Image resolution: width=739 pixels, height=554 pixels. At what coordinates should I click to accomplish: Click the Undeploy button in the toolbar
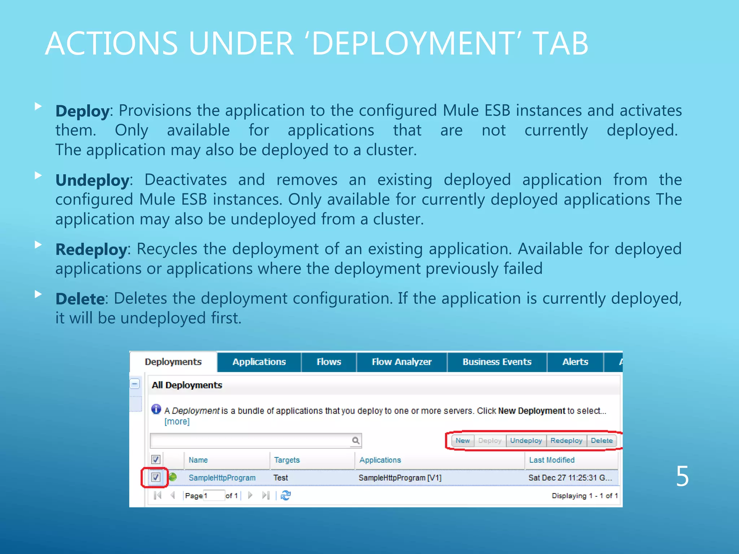coord(526,440)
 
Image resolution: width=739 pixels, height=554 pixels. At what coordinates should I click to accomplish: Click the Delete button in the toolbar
coord(602,440)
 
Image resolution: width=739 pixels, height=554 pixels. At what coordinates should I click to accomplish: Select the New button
coord(462,440)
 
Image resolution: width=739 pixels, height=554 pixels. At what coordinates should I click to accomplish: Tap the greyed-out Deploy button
coord(490,440)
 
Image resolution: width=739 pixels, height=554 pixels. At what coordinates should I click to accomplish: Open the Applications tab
coord(259,362)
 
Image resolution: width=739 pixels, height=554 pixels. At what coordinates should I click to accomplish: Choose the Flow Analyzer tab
coord(402,362)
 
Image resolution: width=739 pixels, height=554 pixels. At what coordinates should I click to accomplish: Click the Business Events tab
coord(497,362)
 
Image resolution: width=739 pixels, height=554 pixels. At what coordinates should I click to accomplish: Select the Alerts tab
coord(575,362)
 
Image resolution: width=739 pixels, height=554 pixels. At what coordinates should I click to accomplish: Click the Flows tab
coord(329,362)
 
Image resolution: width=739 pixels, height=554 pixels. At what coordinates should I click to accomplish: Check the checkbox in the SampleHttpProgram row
coord(156,477)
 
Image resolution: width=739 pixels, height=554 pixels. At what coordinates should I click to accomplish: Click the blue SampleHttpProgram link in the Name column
coord(222,478)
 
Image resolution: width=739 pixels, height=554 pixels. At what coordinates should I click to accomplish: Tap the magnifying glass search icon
coord(356,440)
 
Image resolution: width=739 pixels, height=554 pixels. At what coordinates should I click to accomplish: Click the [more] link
coord(177,421)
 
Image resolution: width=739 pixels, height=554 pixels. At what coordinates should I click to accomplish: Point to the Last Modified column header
coord(552,460)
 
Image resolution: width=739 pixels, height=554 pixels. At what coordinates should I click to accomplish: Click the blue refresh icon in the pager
coord(286,496)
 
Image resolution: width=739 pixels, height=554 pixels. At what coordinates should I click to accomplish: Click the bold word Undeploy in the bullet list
coord(92,180)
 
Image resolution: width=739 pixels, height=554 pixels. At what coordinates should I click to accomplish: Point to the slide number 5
coord(682,476)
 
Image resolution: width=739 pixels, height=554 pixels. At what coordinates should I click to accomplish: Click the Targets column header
coord(287,460)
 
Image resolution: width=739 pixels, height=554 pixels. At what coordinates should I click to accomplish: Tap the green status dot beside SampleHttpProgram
coord(173,477)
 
